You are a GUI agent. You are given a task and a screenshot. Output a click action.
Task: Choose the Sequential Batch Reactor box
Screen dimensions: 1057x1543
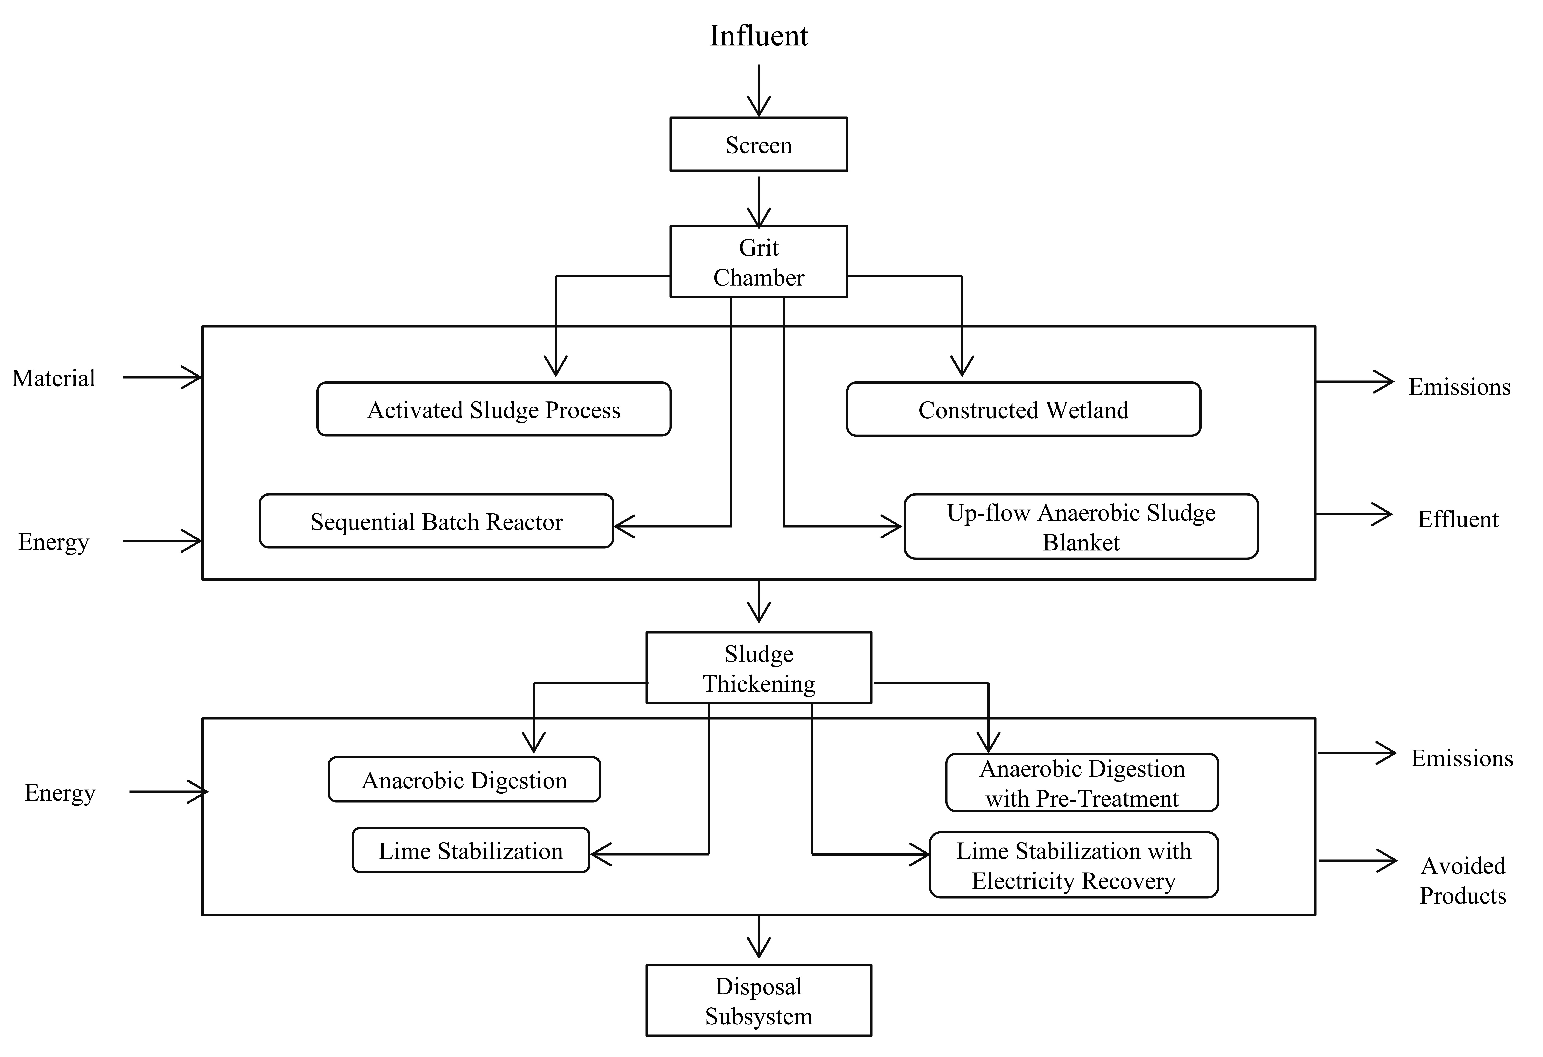click(x=436, y=521)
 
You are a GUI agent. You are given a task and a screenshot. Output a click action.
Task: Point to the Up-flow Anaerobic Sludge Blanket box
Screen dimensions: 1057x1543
click(x=1081, y=527)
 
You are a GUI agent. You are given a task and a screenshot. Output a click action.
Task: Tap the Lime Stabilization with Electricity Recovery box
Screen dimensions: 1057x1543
click(x=1074, y=865)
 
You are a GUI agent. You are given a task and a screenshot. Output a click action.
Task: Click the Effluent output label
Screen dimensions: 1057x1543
click(x=1458, y=519)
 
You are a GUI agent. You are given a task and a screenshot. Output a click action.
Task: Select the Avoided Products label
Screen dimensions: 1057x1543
click(x=1463, y=880)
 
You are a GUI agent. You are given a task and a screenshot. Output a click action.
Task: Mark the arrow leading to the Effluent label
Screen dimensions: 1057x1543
click(x=1354, y=514)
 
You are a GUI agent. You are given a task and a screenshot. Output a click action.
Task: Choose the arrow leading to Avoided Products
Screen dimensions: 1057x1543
click(x=1358, y=861)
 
